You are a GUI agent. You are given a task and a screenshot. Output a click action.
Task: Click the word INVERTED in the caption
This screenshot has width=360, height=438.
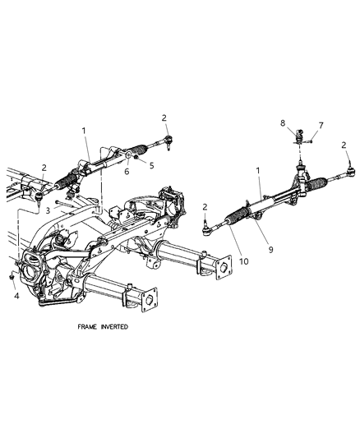(x=123, y=326)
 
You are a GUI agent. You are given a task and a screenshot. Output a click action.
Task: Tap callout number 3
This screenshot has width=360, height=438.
(x=48, y=210)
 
